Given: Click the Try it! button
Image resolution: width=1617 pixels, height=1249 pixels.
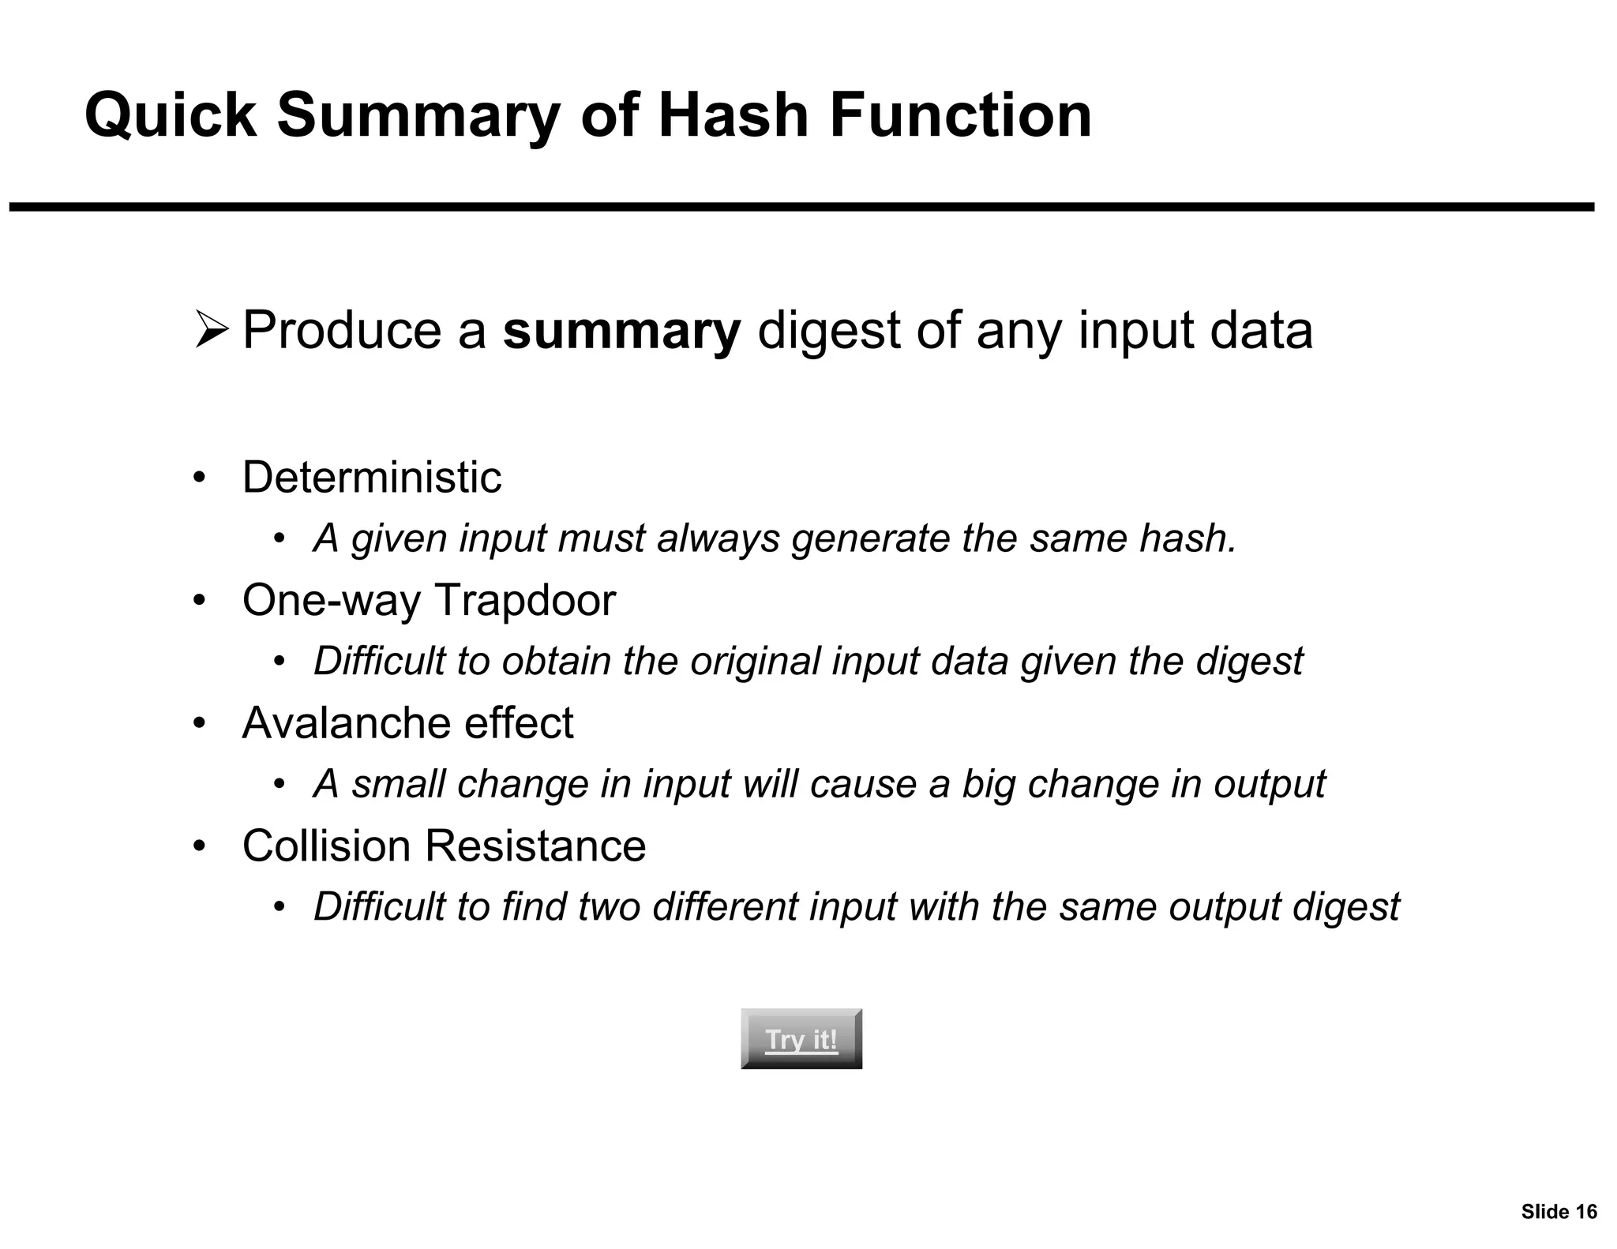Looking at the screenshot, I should click(801, 1039).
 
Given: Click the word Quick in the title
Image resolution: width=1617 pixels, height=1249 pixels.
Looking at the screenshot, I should click(171, 115).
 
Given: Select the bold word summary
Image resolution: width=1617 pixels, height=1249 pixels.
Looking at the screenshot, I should click(621, 330).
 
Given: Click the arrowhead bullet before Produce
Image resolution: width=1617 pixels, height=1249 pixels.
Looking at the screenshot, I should click(212, 330).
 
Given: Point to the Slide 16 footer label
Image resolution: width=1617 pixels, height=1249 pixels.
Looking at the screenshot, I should click(1559, 1212).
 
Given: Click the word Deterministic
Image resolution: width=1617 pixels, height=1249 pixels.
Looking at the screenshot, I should click(371, 477).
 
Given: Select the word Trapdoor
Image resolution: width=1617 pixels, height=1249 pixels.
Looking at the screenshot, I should click(525, 600).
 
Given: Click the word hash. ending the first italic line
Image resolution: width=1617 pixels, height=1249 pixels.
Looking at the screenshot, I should click(1188, 538).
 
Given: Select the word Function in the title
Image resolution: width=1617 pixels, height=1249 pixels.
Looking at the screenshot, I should click(960, 115).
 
